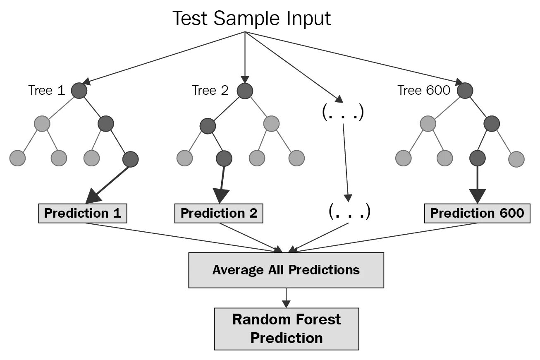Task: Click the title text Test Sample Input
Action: [x=251, y=19]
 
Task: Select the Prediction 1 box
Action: [x=83, y=213]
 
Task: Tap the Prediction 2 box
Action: [x=219, y=213]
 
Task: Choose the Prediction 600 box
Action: [x=477, y=213]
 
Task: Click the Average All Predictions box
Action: [x=286, y=270]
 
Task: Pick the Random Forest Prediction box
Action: [x=286, y=329]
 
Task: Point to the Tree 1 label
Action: [x=47, y=90]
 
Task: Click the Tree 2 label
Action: [x=210, y=90]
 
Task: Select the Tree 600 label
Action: [x=423, y=90]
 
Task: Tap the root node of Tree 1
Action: [x=79, y=91]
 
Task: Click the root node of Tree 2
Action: [x=245, y=91]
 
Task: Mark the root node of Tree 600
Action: [x=465, y=91]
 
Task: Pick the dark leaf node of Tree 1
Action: [x=130, y=158]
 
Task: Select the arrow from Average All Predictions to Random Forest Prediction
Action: [x=286, y=298]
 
